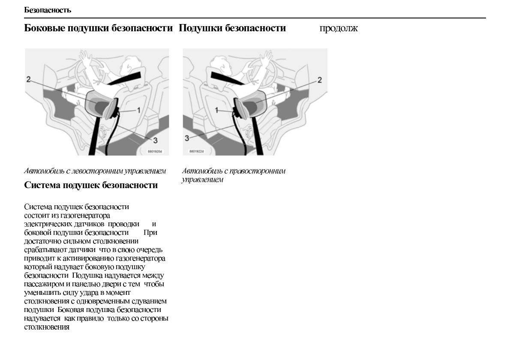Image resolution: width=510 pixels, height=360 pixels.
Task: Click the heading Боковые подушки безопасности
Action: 98,29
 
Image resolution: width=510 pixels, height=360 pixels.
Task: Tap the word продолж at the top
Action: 338,29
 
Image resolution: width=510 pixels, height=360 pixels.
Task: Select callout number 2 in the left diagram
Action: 28,79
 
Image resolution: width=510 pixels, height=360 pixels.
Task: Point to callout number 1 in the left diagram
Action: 138,110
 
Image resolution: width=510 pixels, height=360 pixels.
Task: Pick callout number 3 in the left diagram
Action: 155,140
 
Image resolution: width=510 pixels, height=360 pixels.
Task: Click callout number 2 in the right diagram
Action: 319,80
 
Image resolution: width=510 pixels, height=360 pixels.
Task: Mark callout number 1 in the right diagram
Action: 217,110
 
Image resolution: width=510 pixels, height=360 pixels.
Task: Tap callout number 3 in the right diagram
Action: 187,138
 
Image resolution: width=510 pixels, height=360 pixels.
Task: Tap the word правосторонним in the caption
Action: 258,171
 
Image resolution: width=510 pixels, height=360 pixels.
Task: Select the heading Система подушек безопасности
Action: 91,185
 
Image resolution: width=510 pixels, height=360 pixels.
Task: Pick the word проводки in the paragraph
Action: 124,224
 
